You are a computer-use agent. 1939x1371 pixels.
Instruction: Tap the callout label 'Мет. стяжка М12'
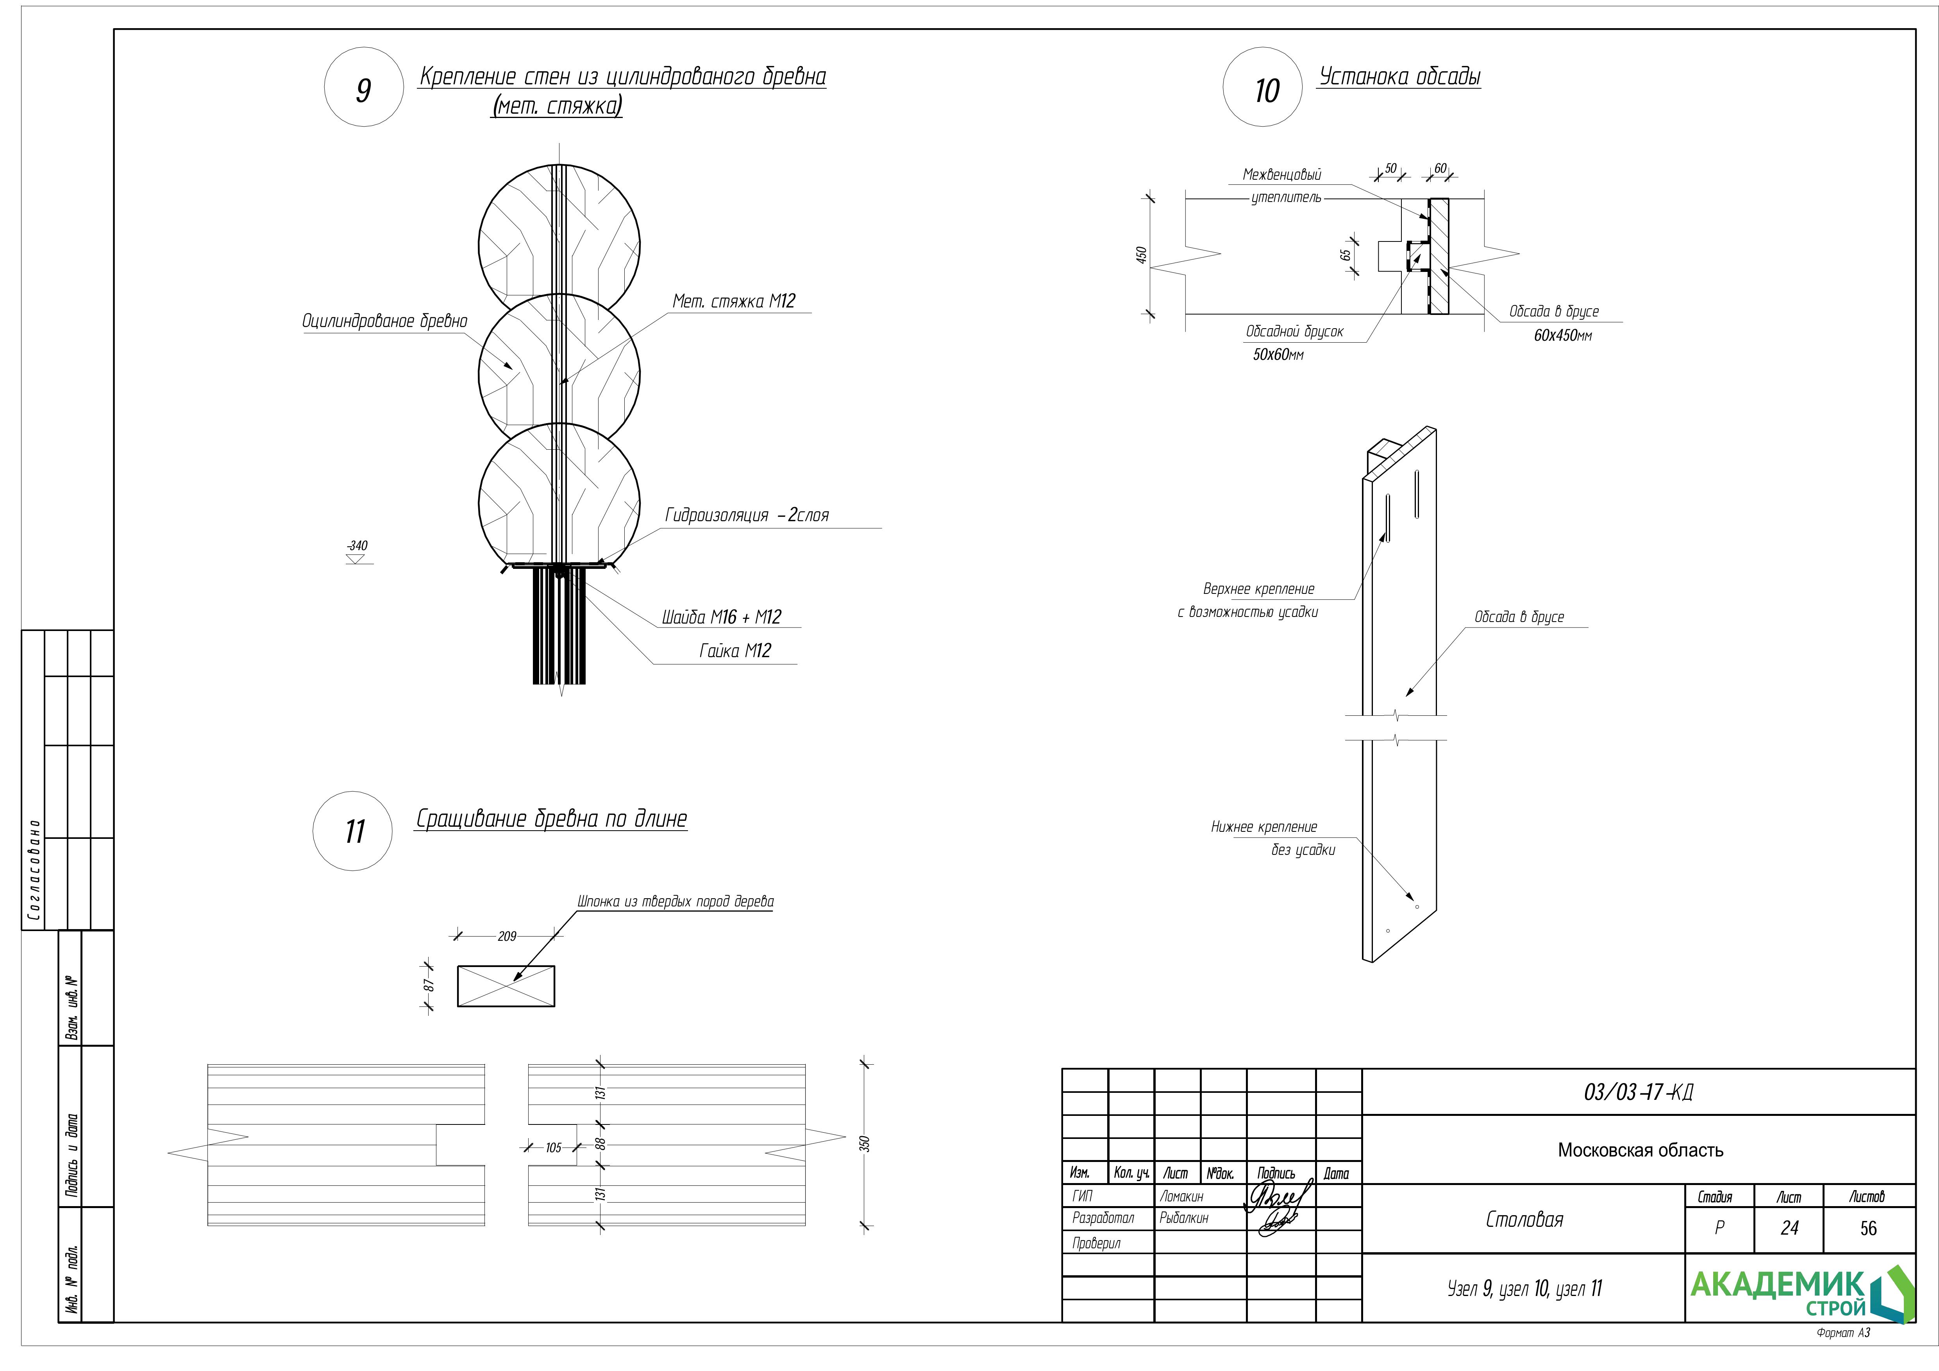coord(733,302)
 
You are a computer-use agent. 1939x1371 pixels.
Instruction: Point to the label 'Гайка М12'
coord(735,651)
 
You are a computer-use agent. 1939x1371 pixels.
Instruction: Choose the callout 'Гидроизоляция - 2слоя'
coord(747,515)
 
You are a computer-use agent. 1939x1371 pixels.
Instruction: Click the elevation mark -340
coord(357,547)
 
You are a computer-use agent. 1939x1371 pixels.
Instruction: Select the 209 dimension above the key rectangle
coord(507,936)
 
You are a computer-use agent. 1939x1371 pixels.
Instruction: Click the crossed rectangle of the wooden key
coord(506,986)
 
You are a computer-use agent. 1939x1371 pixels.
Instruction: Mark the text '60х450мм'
coord(1562,335)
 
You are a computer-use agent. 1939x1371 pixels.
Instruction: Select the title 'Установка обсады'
coord(1399,77)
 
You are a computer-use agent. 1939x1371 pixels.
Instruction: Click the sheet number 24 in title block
coord(1789,1228)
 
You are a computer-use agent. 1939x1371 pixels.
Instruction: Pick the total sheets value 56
coord(1868,1228)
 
